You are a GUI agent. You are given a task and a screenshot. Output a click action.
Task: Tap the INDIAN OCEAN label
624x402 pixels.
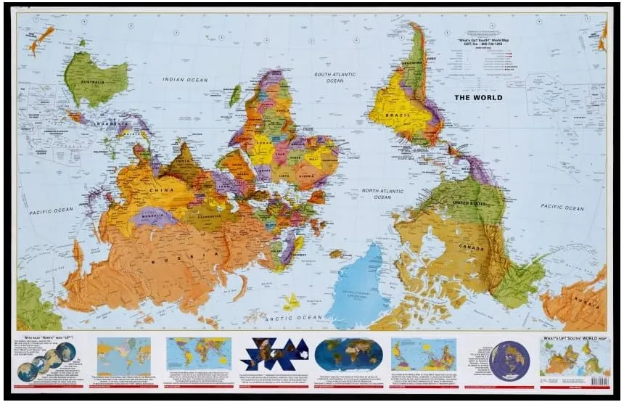click(184, 80)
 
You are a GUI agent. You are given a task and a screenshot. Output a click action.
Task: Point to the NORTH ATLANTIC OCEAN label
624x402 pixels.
click(382, 194)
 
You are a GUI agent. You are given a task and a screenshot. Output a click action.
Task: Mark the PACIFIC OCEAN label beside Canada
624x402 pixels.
click(562, 207)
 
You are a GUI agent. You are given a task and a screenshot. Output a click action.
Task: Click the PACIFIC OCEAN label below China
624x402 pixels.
click(52, 210)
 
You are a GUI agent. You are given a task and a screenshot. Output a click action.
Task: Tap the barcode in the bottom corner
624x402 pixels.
click(599, 380)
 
